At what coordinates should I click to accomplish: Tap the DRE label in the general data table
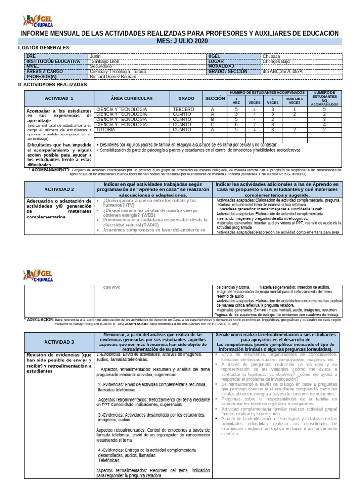[x=31, y=56]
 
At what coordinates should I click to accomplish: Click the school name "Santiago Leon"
[x=105, y=61]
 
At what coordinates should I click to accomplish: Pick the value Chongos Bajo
[x=277, y=61]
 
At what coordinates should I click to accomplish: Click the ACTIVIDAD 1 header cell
[x=59, y=98]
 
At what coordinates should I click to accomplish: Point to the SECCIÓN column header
[x=215, y=98]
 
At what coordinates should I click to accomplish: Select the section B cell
[x=212, y=120]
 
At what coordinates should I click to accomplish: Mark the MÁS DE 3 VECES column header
[x=295, y=100]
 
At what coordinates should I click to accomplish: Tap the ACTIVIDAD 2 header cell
[x=59, y=189]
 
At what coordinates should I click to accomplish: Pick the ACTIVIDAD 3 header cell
[x=59, y=342]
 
